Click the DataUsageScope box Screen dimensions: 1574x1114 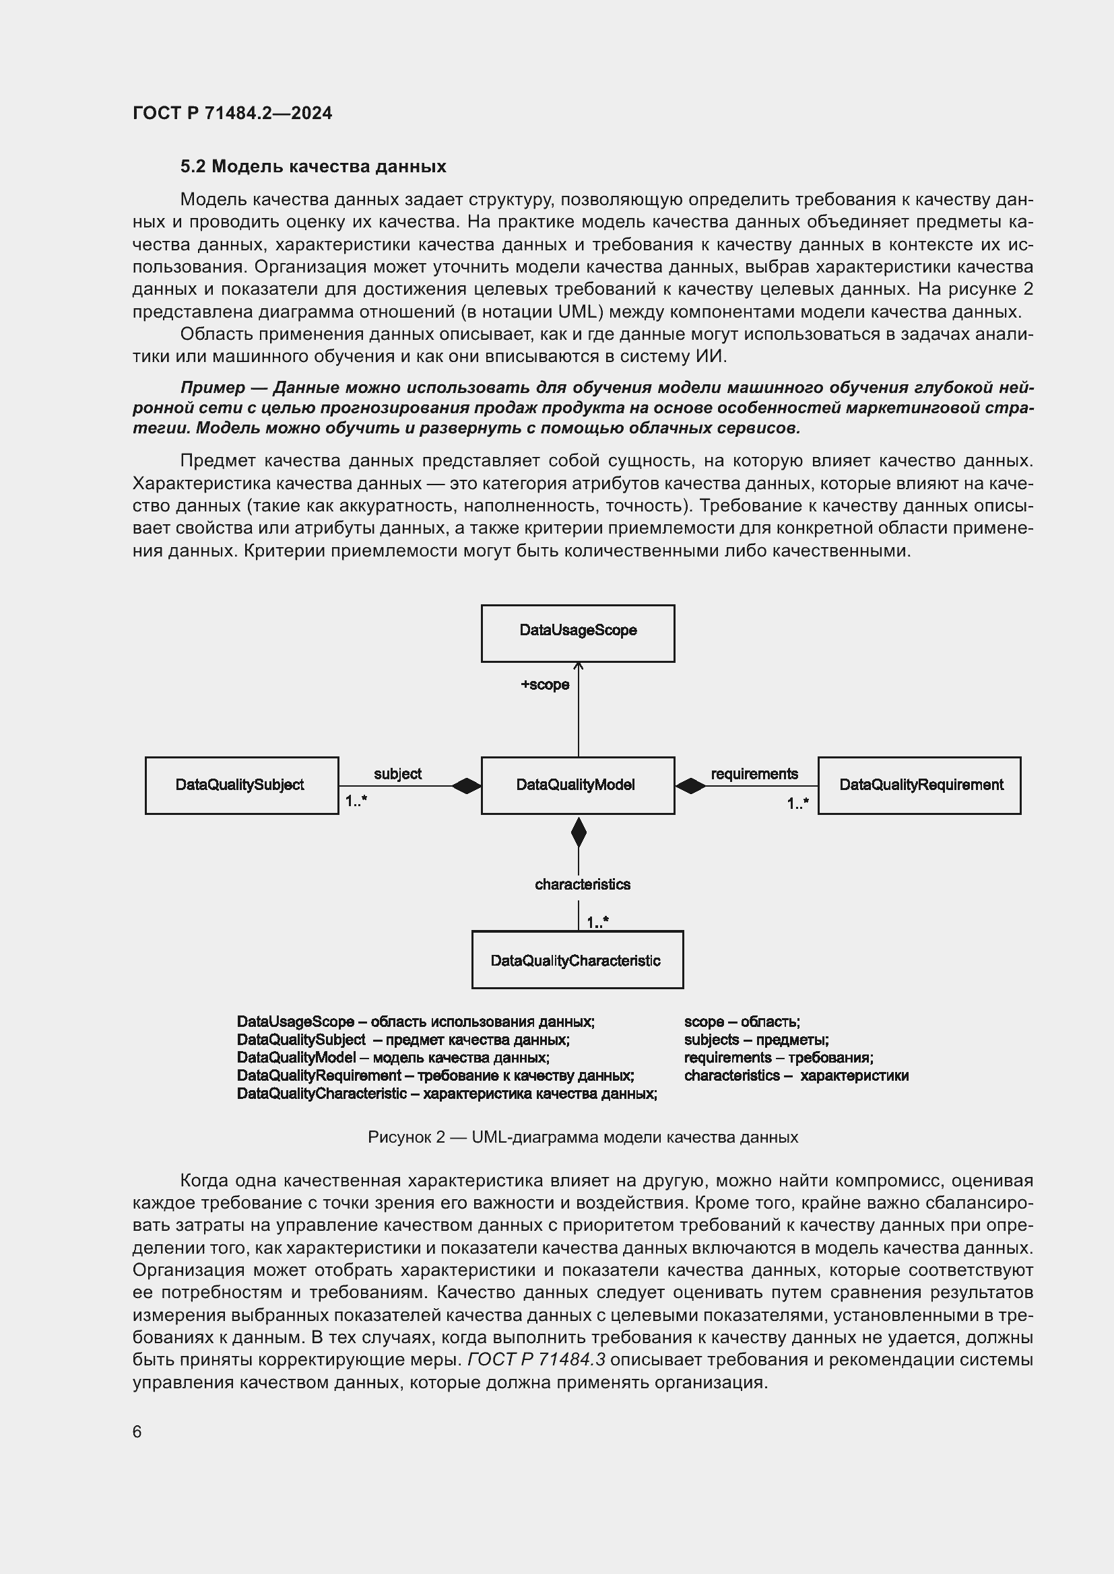click(578, 633)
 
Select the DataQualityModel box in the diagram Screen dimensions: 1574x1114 click(578, 785)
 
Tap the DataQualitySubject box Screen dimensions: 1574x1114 click(242, 785)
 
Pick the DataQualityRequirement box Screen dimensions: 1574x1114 click(919, 785)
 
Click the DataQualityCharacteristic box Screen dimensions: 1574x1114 click(577, 960)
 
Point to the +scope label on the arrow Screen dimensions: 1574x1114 click(545, 684)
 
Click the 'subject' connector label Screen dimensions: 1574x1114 click(397, 773)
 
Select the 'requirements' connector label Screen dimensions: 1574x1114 click(754, 773)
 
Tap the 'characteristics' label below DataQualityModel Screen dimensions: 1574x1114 click(583, 884)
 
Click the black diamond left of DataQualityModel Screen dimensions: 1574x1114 click(467, 785)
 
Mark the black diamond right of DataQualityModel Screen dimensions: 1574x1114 click(690, 785)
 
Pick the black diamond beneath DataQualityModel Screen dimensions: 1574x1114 click(579, 832)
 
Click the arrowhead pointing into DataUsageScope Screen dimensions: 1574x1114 click(579, 666)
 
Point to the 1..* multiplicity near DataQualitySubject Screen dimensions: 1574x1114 click(356, 801)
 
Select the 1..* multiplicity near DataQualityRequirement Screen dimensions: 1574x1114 click(797, 803)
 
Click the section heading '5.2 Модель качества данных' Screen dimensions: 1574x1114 click(313, 166)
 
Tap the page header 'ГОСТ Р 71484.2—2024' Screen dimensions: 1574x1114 click(232, 113)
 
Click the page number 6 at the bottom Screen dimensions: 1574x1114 click(137, 1431)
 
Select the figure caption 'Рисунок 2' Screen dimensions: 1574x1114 click(583, 1137)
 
